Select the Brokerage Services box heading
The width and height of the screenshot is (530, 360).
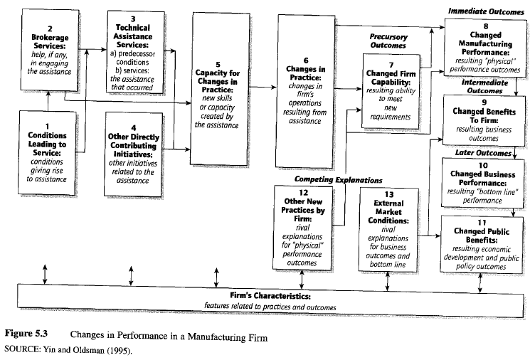[x=47, y=43]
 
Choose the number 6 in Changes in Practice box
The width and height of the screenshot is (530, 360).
[x=306, y=60]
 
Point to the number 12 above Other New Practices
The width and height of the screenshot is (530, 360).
[x=304, y=192]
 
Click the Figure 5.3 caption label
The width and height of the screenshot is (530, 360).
[x=28, y=334]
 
